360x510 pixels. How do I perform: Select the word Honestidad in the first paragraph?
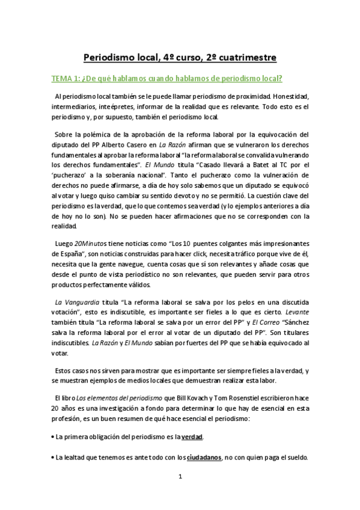[x=290, y=96]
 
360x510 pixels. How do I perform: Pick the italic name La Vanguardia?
[x=75, y=303]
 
